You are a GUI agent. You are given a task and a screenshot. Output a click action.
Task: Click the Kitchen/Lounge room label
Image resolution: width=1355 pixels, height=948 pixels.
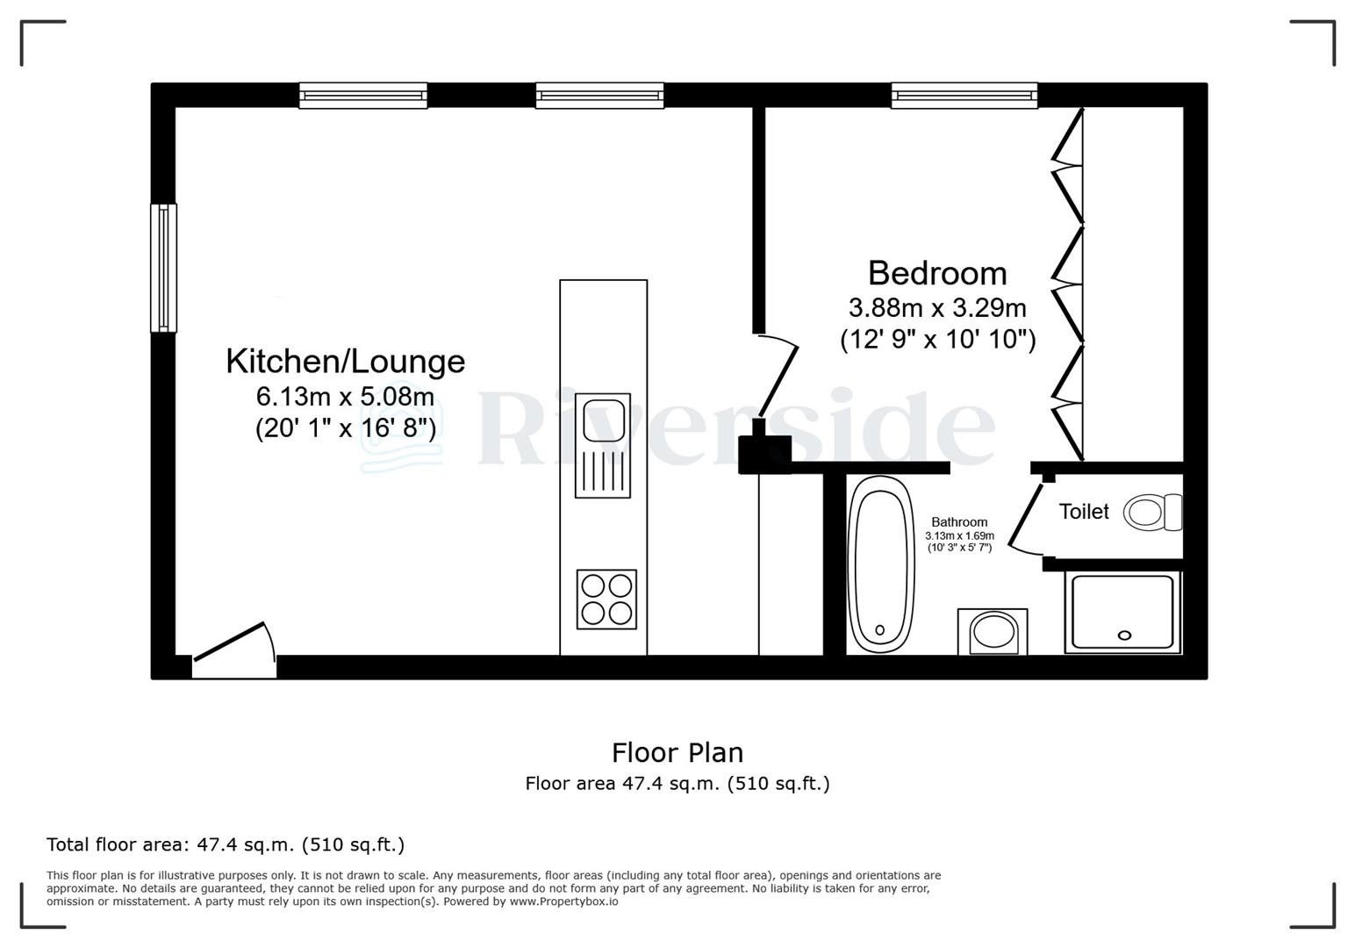(x=345, y=362)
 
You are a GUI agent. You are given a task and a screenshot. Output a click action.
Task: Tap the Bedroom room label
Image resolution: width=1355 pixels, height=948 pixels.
(x=937, y=273)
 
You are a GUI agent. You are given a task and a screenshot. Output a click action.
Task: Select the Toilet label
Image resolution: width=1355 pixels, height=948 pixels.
(x=1084, y=512)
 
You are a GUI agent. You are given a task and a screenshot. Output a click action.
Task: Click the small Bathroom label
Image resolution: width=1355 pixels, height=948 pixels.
(x=959, y=522)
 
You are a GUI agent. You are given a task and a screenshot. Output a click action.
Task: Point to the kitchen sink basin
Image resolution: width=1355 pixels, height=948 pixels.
(x=603, y=418)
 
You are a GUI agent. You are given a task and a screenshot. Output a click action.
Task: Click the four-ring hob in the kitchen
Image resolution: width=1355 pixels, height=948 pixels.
(x=606, y=599)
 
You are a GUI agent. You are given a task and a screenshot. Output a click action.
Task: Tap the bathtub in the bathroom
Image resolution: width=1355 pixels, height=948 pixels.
(x=881, y=564)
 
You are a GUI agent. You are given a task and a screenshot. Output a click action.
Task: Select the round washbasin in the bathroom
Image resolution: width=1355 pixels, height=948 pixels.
(x=993, y=632)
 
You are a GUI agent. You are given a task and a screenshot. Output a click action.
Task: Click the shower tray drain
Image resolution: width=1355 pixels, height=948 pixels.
(x=1124, y=636)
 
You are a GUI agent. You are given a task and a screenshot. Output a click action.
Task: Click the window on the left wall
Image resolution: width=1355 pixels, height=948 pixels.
(x=163, y=268)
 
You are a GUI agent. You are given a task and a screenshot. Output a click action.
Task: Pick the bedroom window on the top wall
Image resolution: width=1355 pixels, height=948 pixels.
(x=964, y=95)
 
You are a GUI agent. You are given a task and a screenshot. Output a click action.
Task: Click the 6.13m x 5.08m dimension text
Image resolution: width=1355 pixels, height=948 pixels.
(x=345, y=397)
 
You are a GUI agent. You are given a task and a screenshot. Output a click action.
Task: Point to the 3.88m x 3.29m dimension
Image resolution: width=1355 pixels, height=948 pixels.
(x=937, y=308)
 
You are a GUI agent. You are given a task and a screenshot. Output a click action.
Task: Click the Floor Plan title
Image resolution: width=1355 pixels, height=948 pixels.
(x=677, y=752)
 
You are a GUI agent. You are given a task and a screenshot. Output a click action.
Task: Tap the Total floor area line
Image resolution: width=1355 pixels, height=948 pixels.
(x=226, y=845)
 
